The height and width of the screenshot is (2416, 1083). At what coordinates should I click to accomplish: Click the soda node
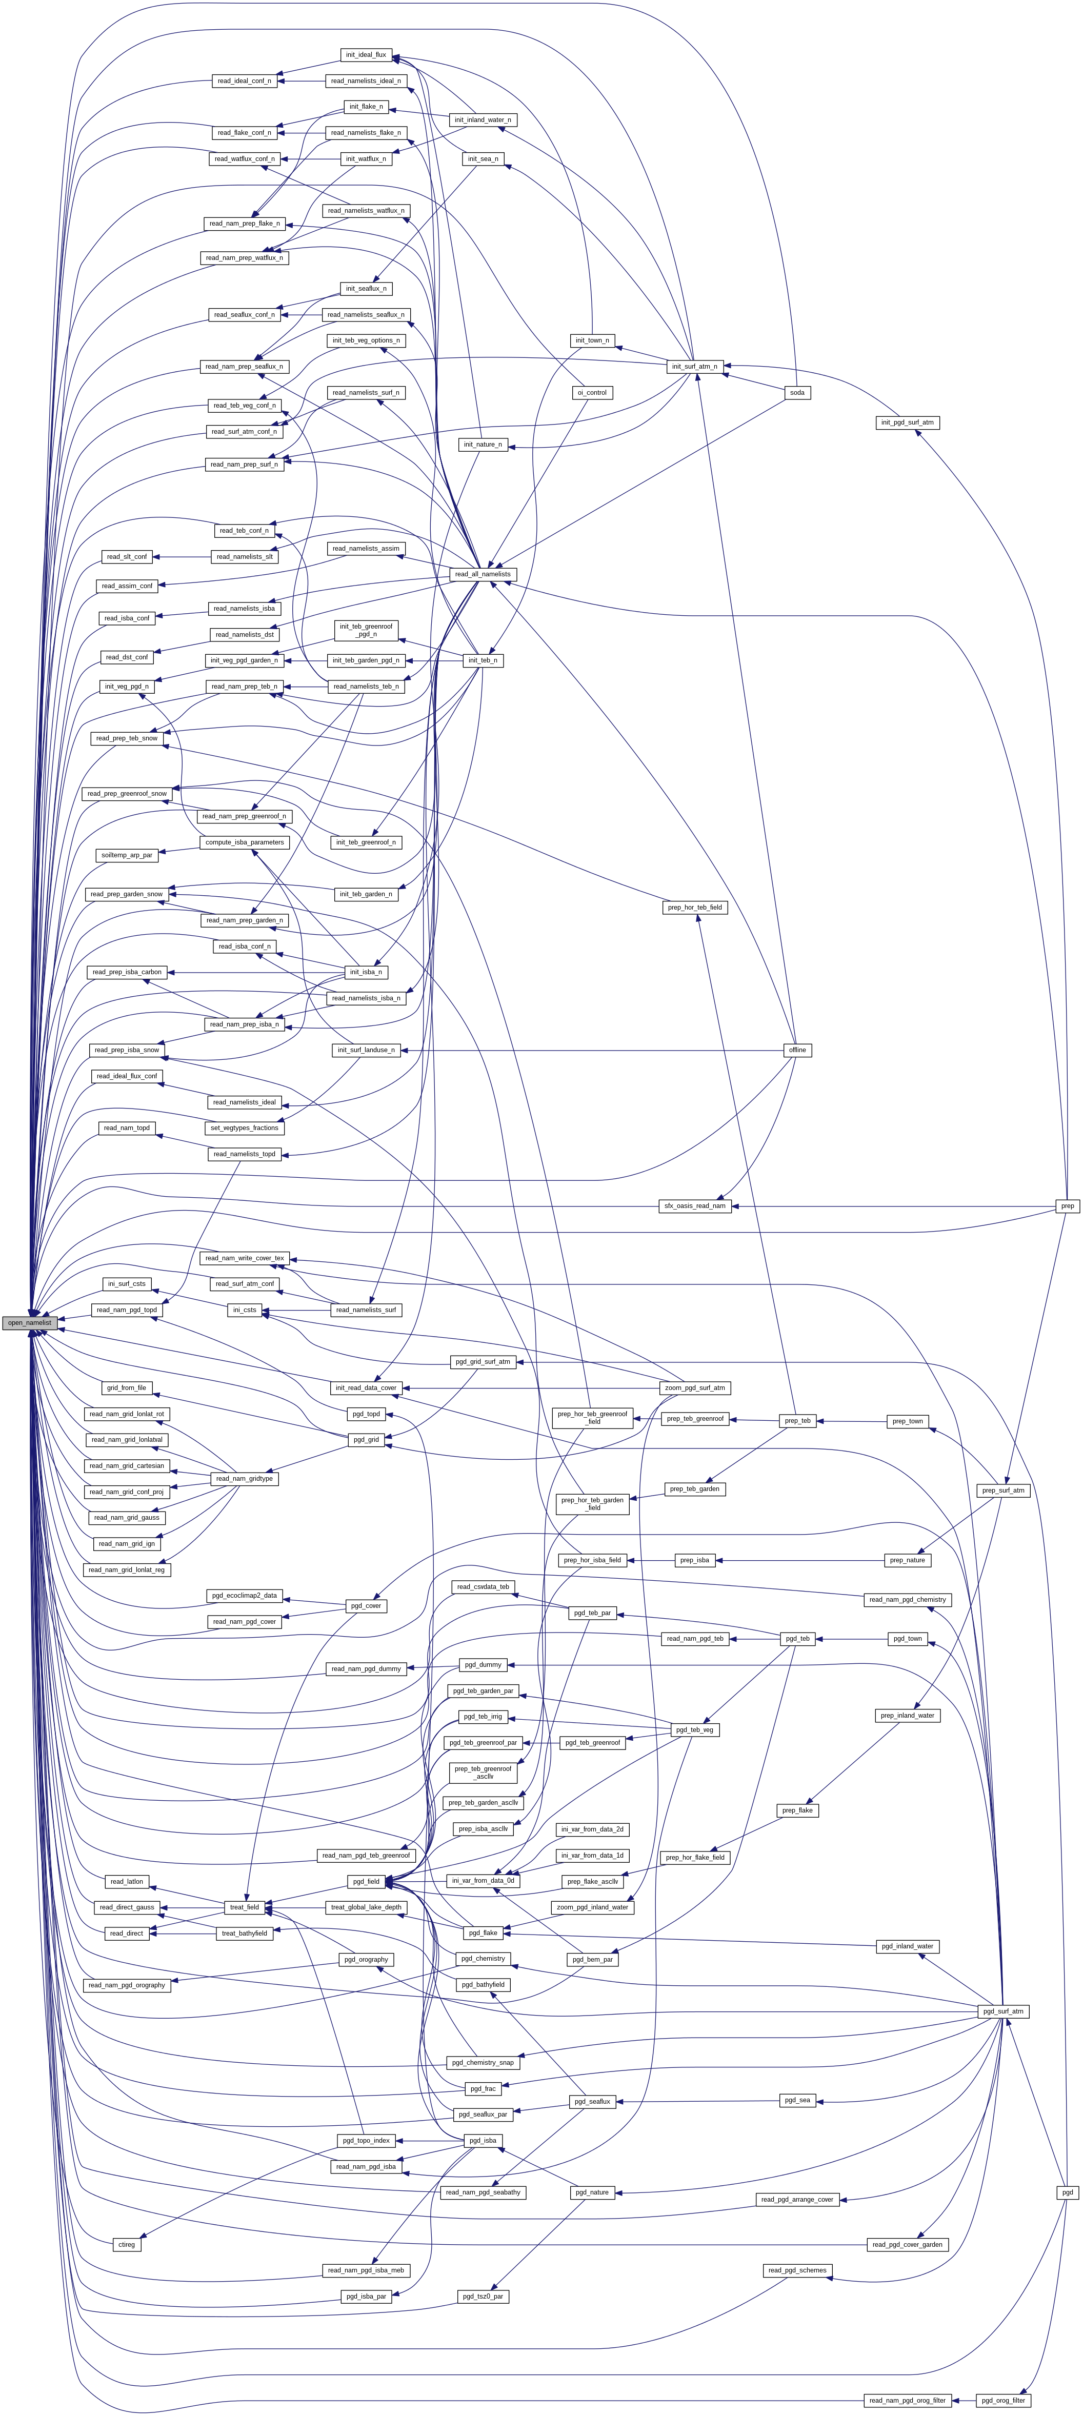tap(797, 393)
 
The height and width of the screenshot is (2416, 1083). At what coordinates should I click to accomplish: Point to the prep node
tap(1067, 1206)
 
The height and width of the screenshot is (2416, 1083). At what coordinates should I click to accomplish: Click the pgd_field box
tap(366, 1881)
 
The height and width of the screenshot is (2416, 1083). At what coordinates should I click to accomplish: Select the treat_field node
tap(244, 1907)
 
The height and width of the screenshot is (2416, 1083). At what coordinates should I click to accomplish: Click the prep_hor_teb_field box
tap(695, 908)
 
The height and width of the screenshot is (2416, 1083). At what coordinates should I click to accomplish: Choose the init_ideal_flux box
tap(366, 55)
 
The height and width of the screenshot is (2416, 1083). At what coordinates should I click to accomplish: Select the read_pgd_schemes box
tap(797, 2270)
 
